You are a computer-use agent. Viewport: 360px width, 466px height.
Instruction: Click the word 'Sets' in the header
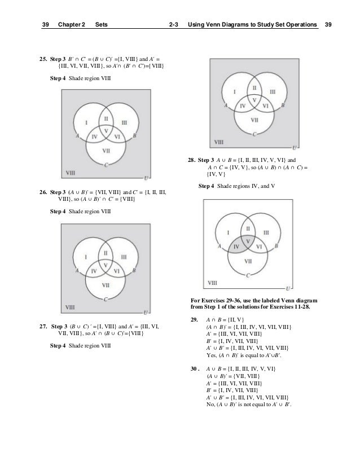pos(102,25)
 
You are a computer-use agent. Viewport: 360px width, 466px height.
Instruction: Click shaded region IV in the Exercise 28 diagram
pos(237,247)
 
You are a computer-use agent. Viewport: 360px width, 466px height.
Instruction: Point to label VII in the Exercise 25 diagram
pos(106,151)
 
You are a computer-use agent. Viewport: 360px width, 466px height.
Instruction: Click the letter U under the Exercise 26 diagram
pos(146,313)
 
